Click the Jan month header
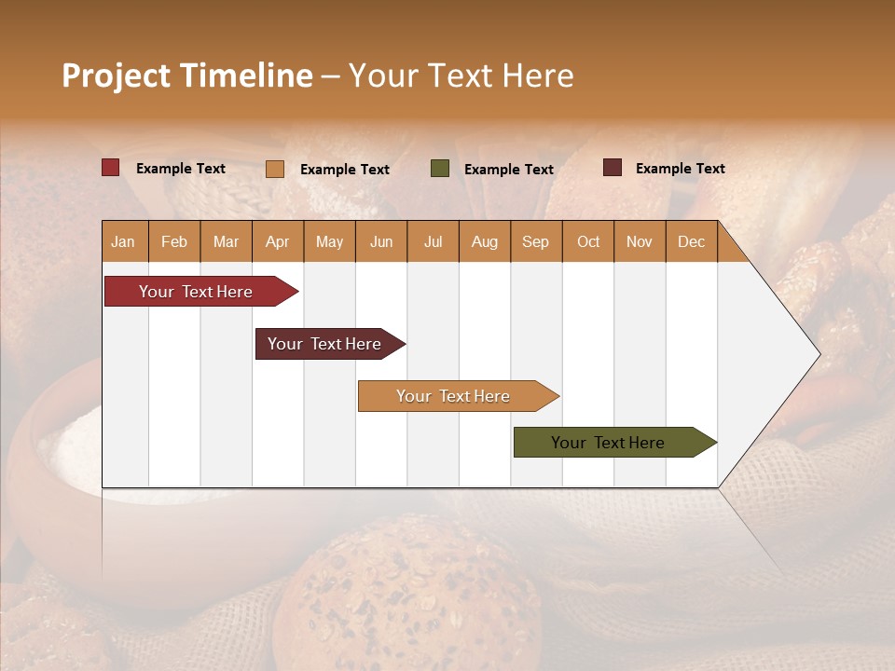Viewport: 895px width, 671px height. pyautogui.click(x=124, y=241)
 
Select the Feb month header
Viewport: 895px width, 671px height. pyautogui.click(x=174, y=241)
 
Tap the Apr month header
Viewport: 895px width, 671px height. pyautogui.click(x=277, y=241)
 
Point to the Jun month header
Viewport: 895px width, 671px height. pyautogui.click(x=381, y=241)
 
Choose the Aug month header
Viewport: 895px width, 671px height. pyautogui.click(x=484, y=241)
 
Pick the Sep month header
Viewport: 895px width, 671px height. pyautogui.click(x=535, y=241)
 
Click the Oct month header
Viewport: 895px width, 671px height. pyautogui.click(x=588, y=241)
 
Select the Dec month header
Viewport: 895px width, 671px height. pyautogui.click(x=691, y=241)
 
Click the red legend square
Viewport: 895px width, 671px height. pyautogui.click(x=111, y=168)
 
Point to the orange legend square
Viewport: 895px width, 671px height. pyautogui.click(x=275, y=169)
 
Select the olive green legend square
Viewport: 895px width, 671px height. pyautogui.click(x=440, y=169)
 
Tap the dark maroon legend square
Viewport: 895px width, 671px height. pyautogui.click(x=613, y=168)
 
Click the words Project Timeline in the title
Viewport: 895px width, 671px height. pyautogui.click(x=187, y=75)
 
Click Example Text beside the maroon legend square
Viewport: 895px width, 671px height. pyautogui.click(x=680, y=169)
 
